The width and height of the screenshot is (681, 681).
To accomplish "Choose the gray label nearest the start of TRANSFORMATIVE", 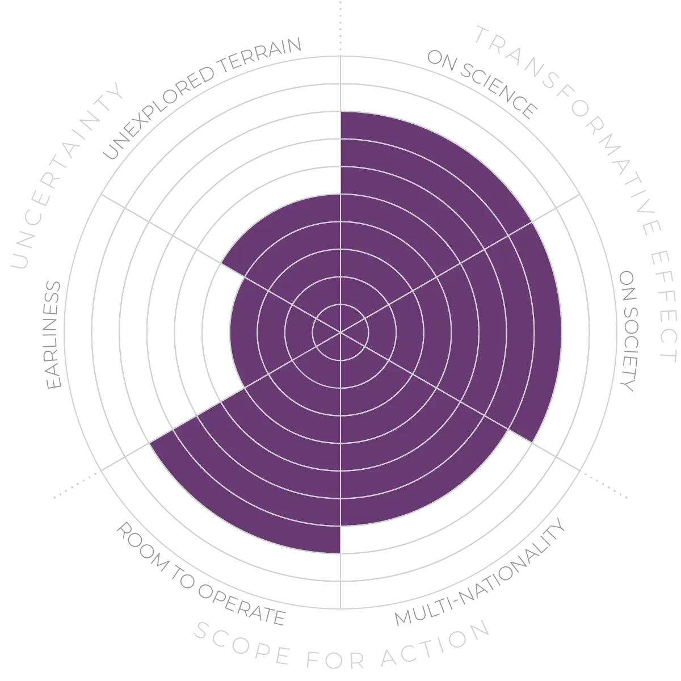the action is point(482,85).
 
